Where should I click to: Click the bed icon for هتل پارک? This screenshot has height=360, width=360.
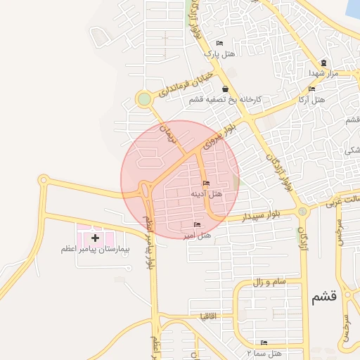(220, 44)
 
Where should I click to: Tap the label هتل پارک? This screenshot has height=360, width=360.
(218, 53)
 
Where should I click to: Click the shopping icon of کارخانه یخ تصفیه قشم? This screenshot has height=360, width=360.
(224, 89)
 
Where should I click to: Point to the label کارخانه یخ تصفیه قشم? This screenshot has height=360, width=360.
(225, 99)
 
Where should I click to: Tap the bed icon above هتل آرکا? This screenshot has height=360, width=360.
(311, 89)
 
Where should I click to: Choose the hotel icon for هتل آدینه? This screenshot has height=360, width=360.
(206, 184)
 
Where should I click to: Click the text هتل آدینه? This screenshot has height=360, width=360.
(206, 193)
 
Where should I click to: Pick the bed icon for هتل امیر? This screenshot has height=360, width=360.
(196, 224)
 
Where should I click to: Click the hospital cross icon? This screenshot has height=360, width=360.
(96, 238)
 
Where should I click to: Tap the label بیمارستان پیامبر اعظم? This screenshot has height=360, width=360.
(96, 249)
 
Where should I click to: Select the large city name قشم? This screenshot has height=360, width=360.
(324, 297)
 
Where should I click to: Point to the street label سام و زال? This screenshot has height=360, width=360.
(269, 281)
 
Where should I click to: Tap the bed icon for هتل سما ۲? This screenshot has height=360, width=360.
(264, 342)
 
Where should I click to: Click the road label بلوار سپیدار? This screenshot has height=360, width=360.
(261, 217)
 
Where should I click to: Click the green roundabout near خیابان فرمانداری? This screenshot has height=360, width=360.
(144, 99)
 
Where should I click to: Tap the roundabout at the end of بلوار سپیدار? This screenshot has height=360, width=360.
(302, 211)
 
